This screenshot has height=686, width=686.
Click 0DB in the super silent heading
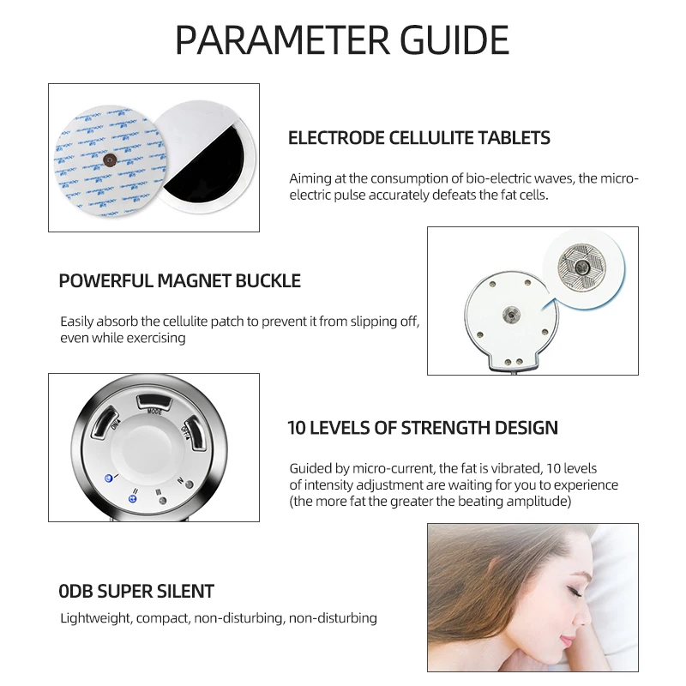click(80, 591)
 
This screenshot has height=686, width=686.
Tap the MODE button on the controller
click(155, 401)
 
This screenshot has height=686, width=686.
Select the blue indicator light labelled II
click(132, 497)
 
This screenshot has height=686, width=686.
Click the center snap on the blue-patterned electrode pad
click(110, 159)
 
